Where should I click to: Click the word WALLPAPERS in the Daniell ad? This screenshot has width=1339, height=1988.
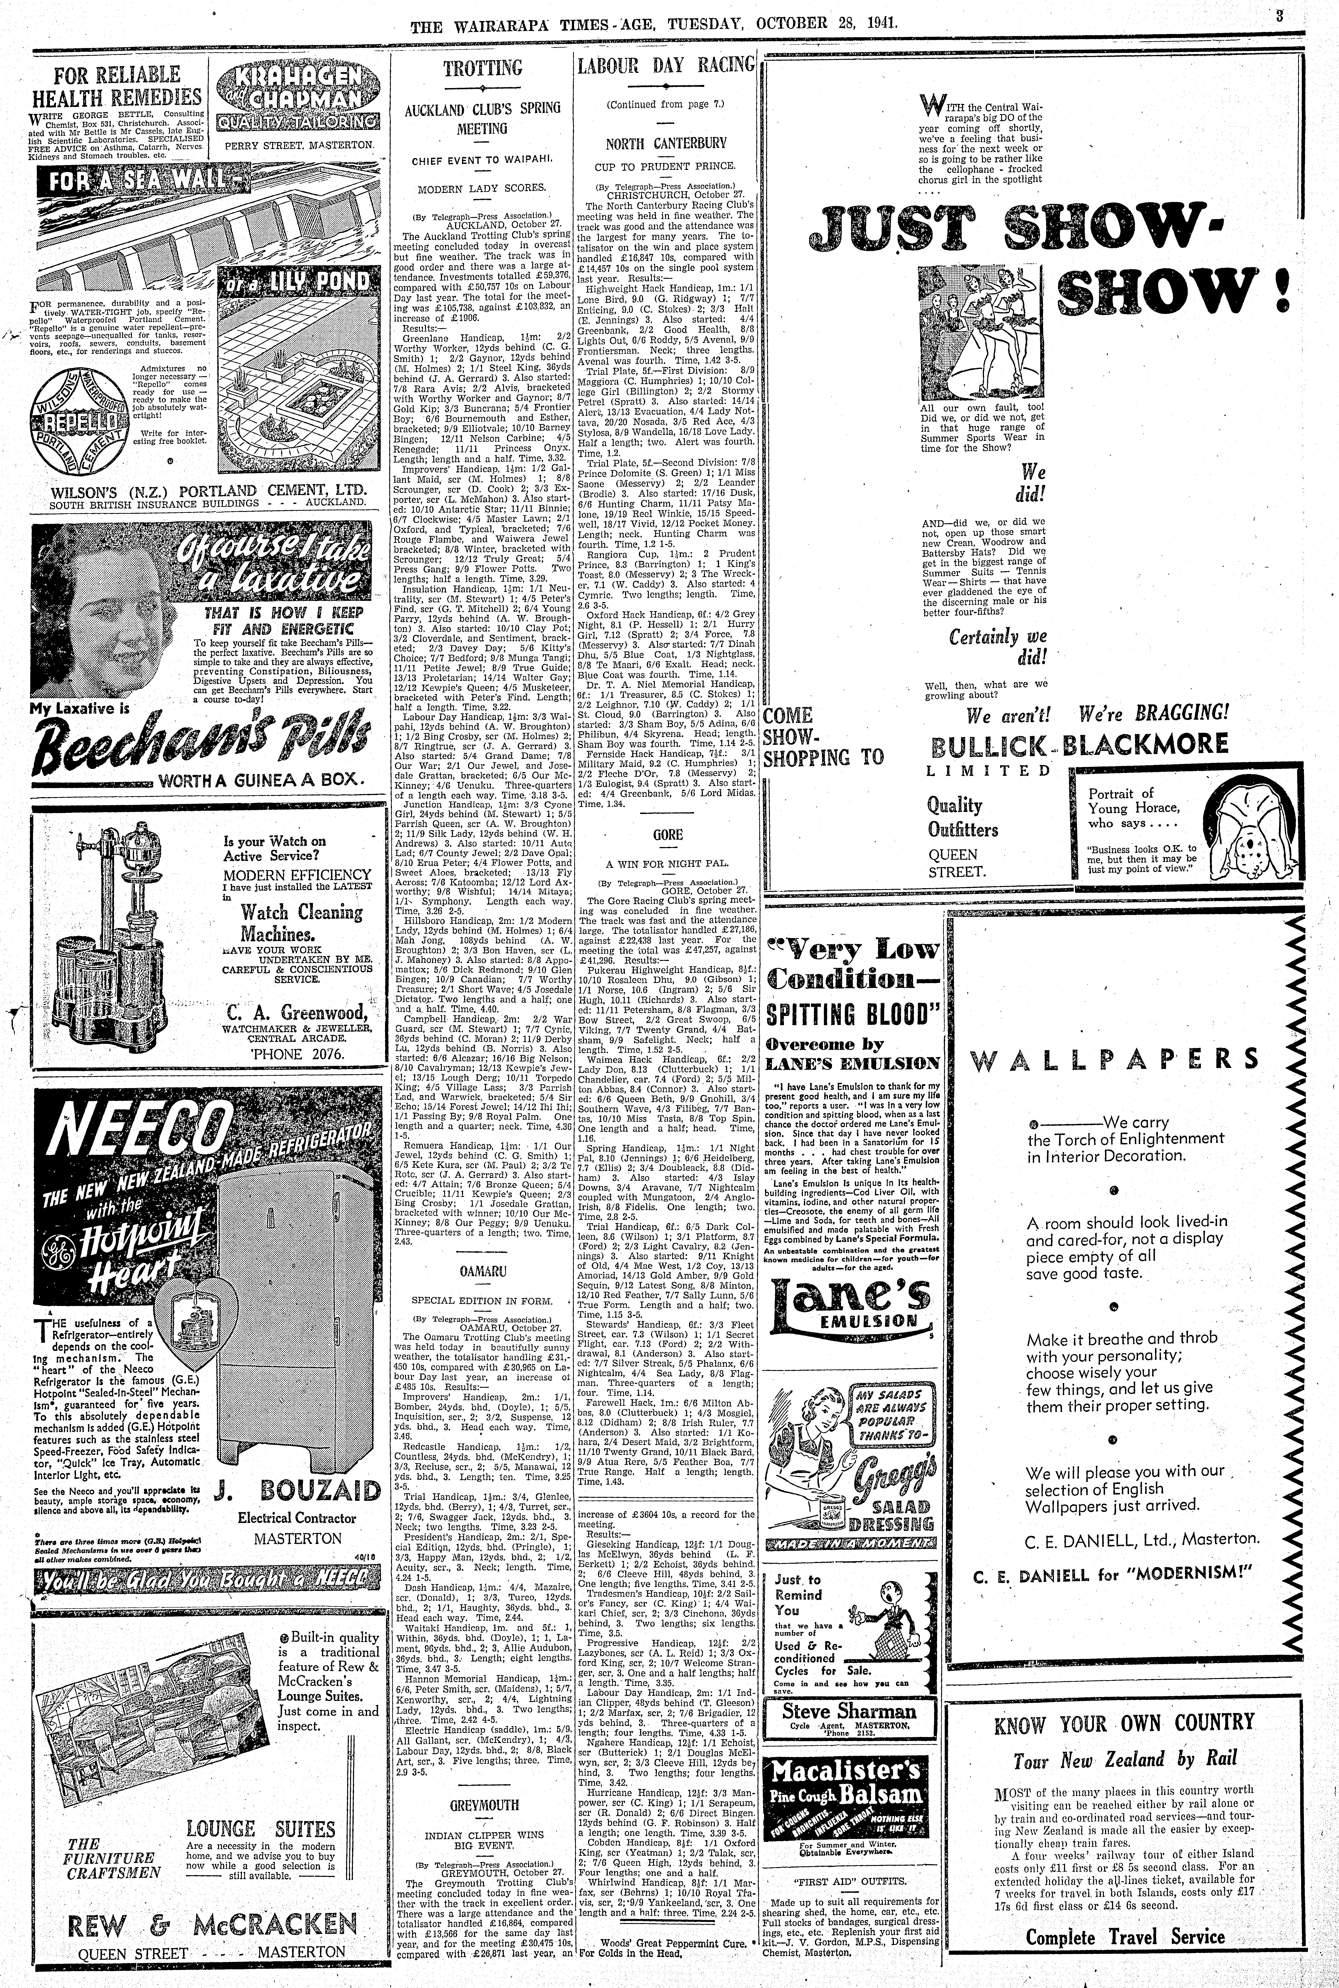(1114, 1060)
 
